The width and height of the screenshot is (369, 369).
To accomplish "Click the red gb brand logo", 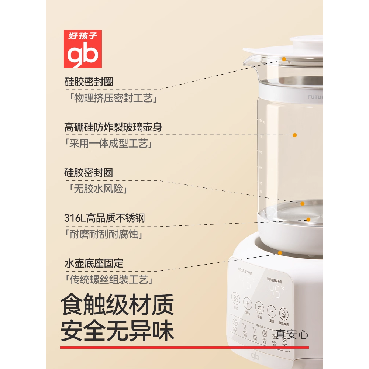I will [83, 49].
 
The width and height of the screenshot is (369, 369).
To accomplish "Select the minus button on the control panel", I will [272, 310].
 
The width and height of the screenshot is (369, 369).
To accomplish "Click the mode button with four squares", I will [235, 298].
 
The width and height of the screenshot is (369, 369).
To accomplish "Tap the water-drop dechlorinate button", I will [284, 313].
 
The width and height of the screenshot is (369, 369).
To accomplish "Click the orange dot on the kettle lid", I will [284, 59].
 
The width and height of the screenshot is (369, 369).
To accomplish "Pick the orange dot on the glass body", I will [294, 135].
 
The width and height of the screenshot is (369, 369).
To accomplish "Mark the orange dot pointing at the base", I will [280, 253].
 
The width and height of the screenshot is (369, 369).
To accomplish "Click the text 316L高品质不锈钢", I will [104, 218].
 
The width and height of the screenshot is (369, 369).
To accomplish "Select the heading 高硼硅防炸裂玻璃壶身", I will [113, 127].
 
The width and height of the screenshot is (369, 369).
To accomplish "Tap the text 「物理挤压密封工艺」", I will [109, 99].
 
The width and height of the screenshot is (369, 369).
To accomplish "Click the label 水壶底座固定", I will [94, 263].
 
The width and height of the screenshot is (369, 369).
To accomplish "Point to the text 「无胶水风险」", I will [96, 189].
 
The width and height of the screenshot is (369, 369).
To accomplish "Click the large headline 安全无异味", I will [117, 332].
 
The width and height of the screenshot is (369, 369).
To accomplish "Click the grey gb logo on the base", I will [255, 356].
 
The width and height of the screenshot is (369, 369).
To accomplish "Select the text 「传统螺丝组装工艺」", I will [109, 280].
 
